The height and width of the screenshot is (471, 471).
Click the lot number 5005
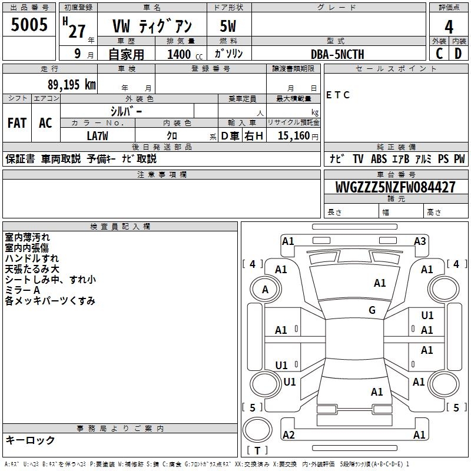[x=29, y=24]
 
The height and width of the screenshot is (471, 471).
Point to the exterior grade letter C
[x=439, y=54]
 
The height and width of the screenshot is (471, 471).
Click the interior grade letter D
[x=458, y=54]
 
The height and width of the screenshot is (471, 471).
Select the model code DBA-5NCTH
[x=337, y=54]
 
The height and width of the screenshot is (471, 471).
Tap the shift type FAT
[x=17, y=122]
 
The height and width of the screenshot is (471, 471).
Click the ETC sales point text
[x=338, y=95]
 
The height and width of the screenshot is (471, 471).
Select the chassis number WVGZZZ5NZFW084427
[x=395, y=187]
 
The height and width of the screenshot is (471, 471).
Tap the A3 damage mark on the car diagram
[x=420, y=241]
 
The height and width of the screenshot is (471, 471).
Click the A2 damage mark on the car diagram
[x=288, y=434]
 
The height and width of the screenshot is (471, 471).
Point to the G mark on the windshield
[x=372, y=310]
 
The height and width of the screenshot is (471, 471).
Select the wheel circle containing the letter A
[x=265, y=290]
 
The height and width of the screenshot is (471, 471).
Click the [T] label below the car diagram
[x=257, y=451]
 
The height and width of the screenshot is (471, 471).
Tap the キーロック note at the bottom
[x=31, y=440]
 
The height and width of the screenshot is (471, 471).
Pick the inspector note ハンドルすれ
[x=32, y=258]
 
